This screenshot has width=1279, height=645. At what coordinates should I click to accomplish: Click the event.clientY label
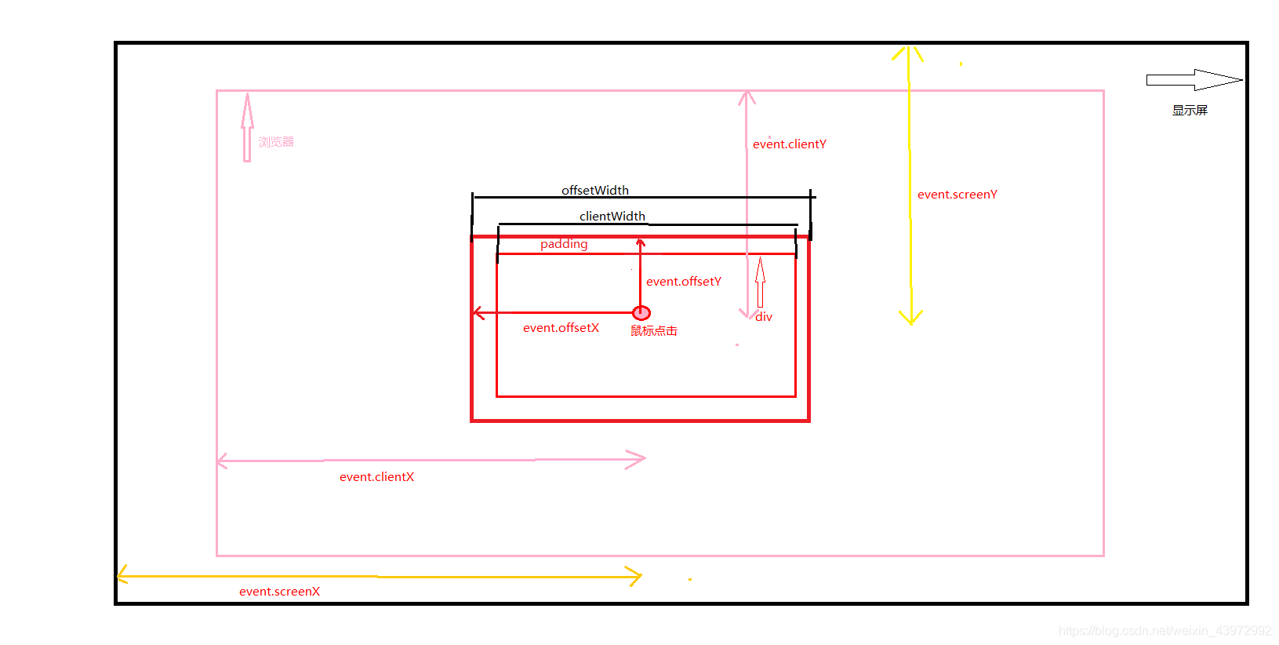[x=789, y=144]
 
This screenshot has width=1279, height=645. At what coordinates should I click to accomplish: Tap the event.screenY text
[x=957, y=195]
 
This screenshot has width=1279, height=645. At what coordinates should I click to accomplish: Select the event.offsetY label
[x=683, y=282]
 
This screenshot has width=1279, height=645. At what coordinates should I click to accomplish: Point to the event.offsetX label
[x=561, y=328]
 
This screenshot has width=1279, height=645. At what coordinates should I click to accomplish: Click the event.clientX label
[x=376, y=477]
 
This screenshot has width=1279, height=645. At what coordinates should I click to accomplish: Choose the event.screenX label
[x=279, y=592]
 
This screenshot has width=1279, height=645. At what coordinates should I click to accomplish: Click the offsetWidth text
[x=594, y=190]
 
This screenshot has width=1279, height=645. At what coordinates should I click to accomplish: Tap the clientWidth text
[x=612, y=217]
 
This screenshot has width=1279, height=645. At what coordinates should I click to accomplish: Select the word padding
[x=563, y=244]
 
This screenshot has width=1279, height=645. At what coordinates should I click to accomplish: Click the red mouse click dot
[x=641, y=313]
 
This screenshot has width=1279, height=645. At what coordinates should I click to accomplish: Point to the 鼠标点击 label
[x=653, y=331]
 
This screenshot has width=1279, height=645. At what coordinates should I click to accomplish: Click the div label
[x=764, y=317]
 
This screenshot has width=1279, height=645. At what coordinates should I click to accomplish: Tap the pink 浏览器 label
[x=276, y=142]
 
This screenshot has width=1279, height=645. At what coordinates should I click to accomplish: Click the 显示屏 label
[x=1189, y=111]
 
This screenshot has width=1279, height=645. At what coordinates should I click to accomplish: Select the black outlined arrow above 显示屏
[x=1193, y=80]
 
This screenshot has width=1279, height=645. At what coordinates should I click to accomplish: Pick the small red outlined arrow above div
[x=760, y=282]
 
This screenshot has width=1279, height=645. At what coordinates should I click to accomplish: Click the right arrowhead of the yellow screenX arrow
[x=636, y=577]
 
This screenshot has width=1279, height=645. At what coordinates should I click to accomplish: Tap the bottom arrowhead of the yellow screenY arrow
[x=910, y=319]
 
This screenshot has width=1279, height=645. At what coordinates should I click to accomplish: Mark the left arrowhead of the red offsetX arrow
[x=478, y=313]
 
